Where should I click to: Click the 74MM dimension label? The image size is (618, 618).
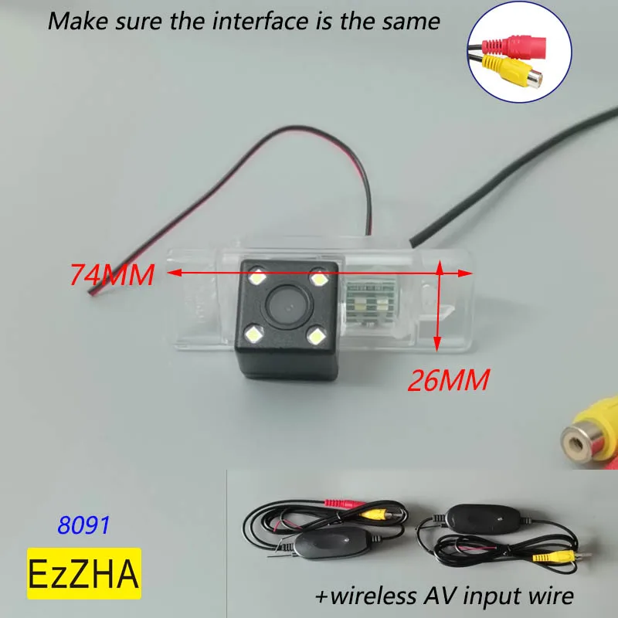click(112, 274)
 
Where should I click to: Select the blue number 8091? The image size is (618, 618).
click(84, 525)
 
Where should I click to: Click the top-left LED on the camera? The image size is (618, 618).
click(257, 277)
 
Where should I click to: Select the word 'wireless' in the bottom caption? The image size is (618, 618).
click(368, 596)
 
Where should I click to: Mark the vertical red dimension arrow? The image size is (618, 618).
click(439, 305)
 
